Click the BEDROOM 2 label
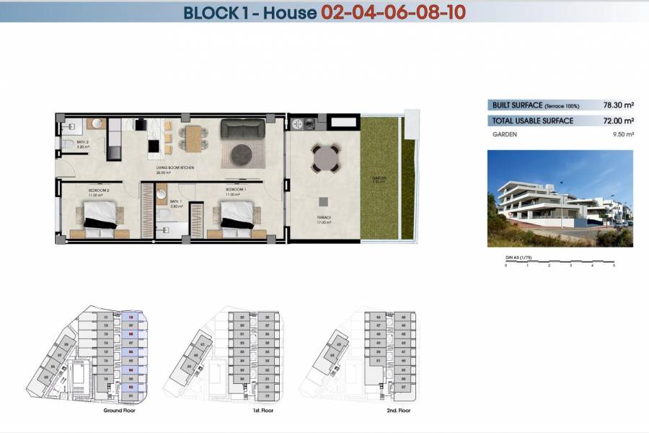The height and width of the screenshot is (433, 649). pos(98,190)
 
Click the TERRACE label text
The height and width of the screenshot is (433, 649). pos(322,217)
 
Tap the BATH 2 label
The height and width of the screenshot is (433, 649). pos(83,143)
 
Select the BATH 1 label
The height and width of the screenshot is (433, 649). pos(175,202)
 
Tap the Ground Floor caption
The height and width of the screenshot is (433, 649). pos(119,410)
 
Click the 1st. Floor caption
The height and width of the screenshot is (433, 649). pos(262,410)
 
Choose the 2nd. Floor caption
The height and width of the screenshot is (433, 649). pos(397,410)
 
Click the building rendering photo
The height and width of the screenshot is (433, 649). pos(560,198)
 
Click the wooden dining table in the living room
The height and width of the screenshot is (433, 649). pos(193,137)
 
